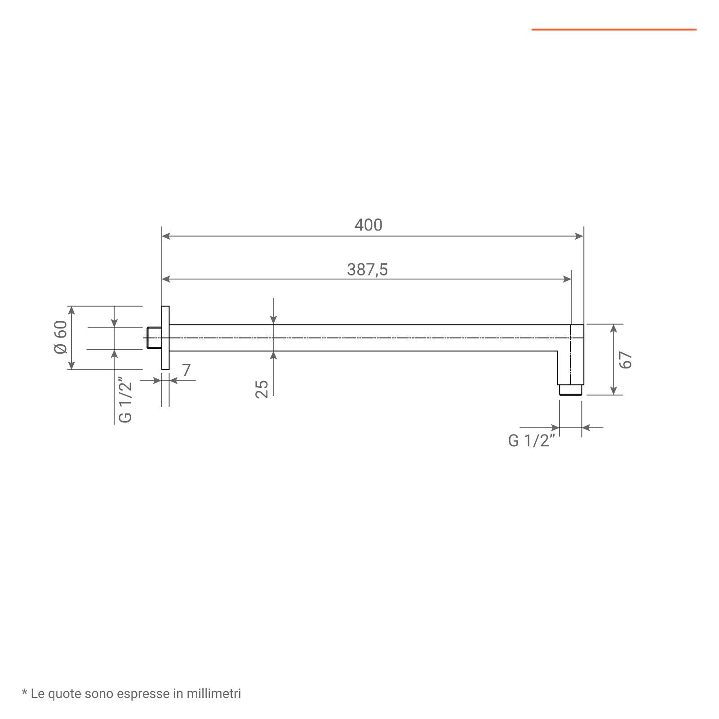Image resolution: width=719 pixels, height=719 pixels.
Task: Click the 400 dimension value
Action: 368,225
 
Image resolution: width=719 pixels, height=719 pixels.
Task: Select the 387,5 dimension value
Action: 367,269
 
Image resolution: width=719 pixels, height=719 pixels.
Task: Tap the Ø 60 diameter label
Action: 61,337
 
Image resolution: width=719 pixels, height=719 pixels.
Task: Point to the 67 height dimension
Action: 626,359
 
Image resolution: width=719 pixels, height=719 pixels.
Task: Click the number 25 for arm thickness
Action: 262,389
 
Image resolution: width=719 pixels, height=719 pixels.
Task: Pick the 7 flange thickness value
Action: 186,370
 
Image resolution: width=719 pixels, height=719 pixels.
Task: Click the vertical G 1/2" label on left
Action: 125,402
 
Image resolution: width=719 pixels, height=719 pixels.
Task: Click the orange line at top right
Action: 614,30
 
